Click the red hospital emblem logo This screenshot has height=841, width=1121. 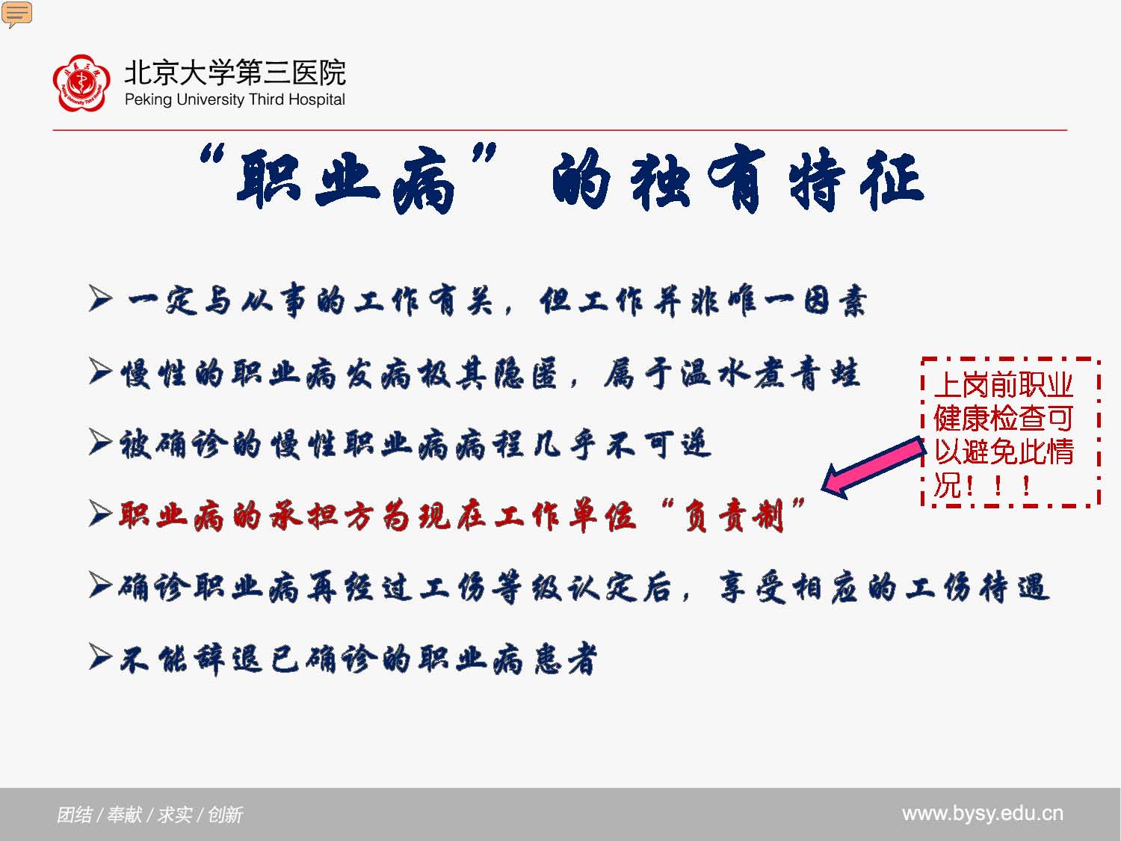click(x=81, y=83)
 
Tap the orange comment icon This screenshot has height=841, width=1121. click(x=16, y=14)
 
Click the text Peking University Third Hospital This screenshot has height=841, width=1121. click(x=235, y=99)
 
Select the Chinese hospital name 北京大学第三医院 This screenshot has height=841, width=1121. click(x=235, y=72)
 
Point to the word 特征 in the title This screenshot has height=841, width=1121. click(x=856, y=179)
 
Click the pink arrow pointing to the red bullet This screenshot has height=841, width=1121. click(x=874, y=467)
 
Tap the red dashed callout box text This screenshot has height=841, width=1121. click(x=1004, y=434)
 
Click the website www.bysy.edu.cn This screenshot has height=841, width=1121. click(x=983, y=813)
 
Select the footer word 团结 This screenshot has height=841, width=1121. click(x=75, y=815)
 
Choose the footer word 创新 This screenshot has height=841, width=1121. click(x=225, y=815)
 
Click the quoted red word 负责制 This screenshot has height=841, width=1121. click(x=734, y=516)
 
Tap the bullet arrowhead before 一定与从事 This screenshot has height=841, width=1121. click(x=100, y=298)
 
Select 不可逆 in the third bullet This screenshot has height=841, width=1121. click(x=658, y=444)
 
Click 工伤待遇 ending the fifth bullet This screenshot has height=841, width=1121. click(x=977, y=588)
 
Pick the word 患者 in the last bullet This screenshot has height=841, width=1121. click(x=565, y=659)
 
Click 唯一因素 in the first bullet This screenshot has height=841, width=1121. click(x=797, y=301)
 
